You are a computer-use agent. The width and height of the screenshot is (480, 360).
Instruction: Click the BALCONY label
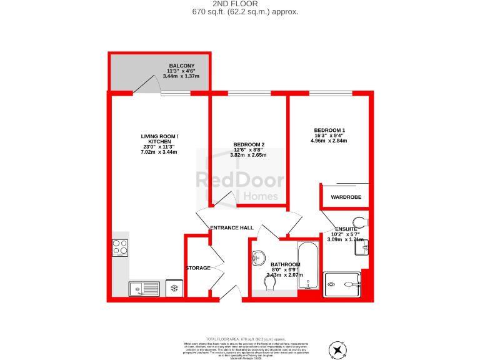pos(181,66)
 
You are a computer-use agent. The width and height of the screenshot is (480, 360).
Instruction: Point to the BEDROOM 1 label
pos(329,130)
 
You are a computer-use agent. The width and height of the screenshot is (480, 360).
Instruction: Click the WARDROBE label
pos(346,197)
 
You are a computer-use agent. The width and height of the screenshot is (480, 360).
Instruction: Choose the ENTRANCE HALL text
pos(232,227)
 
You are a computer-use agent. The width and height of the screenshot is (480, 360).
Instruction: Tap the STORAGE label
pos(197,268)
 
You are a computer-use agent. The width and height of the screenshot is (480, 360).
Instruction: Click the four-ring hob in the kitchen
pos(121,247)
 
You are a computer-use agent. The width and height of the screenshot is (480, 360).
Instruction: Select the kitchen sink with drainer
pos(144,289)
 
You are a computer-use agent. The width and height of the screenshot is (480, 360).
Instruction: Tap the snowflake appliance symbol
pos(174,288)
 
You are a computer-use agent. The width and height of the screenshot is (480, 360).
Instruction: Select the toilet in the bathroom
pos(269,283)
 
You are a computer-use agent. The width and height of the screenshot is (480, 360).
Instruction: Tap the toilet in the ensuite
pos(359,221)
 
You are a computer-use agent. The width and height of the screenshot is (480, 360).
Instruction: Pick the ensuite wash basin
pos(362,247)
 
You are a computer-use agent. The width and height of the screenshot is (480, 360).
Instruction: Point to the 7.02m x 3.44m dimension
pos(159,152)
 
